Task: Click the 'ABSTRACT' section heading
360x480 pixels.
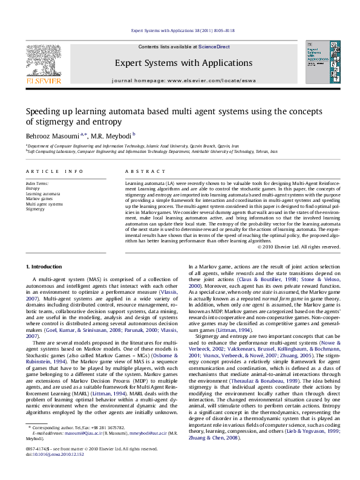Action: click(139, 172)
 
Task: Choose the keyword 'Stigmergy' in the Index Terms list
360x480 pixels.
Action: click(35, 209)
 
